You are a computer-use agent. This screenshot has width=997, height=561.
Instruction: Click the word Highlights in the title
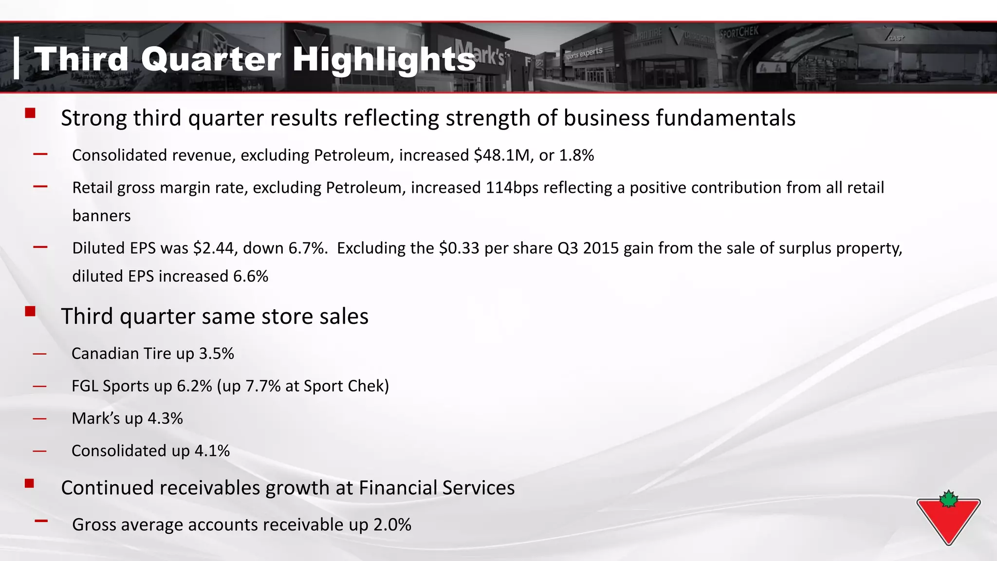384,59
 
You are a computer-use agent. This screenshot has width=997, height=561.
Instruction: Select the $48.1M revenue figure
501,155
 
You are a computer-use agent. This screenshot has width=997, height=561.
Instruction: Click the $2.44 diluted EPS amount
214,248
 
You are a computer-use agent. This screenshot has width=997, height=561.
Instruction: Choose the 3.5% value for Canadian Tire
217,354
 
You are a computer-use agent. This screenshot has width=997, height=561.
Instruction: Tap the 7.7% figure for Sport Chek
263,386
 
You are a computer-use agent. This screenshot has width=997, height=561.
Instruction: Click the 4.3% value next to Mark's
166,419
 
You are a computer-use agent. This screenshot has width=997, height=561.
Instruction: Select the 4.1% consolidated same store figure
212,451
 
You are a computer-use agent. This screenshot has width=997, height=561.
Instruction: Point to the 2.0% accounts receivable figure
392,525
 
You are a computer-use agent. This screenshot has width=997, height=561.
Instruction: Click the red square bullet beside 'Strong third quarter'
30,113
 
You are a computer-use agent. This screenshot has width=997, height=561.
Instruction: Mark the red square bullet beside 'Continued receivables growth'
30,483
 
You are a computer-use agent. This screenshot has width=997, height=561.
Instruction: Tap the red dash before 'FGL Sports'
40,387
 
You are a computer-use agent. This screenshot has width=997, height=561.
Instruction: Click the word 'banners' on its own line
101,216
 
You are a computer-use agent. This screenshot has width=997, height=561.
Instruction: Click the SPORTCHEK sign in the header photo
739,33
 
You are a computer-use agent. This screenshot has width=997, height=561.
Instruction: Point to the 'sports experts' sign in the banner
584,53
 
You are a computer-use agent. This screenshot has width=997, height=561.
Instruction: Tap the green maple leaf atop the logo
949,499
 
